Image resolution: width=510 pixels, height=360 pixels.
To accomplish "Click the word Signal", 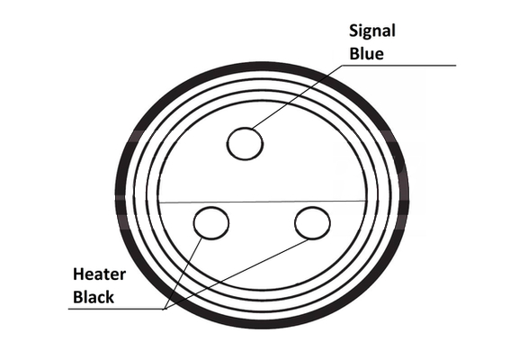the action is click(x=372, y=31).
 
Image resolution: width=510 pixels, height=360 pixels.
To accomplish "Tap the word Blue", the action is click(x=366, y=54).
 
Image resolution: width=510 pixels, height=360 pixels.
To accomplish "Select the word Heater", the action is click(x=99, y=274).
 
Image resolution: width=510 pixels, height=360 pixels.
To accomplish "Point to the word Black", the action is click(x=94, y=297).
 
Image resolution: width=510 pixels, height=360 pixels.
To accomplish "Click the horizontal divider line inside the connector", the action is click(x=262, y=202).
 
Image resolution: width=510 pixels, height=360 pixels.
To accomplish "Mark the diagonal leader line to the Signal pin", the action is click(x=297, y=96).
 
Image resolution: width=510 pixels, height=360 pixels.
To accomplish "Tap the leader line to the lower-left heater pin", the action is click(x=183, y=274).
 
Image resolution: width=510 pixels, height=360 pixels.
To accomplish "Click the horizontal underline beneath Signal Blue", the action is click(x=399, y=66).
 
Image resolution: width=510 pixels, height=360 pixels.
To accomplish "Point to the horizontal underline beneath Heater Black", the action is click(x=117, y=309).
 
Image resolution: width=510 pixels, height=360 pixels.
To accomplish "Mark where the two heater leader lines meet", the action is click(x=166, y=309).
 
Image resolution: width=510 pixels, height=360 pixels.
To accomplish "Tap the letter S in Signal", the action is click(x=353, y=31).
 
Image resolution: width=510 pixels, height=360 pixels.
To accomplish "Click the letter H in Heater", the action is click(x=78, y=274).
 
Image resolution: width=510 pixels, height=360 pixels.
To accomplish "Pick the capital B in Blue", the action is click(x=354, y=54).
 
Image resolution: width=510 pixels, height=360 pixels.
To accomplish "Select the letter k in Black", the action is click(x=110, y=297).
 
